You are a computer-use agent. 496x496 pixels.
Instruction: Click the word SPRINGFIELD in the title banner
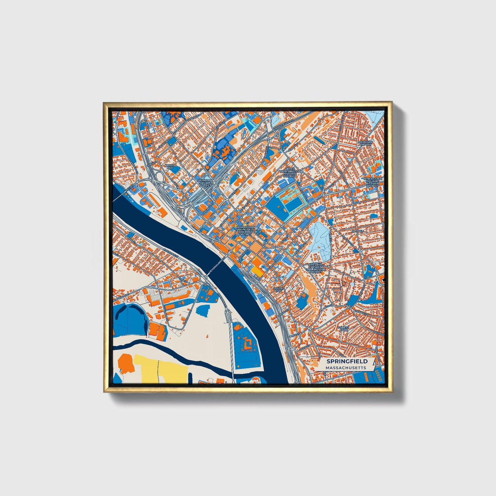coord(347,361)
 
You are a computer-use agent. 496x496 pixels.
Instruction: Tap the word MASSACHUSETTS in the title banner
coord(346,368)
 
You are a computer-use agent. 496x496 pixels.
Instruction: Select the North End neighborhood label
coord(170,166)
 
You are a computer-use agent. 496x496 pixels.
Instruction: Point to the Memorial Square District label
coord(206,183)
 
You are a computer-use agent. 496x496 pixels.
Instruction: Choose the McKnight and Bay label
coord(365,143)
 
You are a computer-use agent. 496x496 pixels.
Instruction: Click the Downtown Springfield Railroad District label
coord(245,231)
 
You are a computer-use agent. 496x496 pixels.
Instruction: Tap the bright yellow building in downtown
coord(257,269)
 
